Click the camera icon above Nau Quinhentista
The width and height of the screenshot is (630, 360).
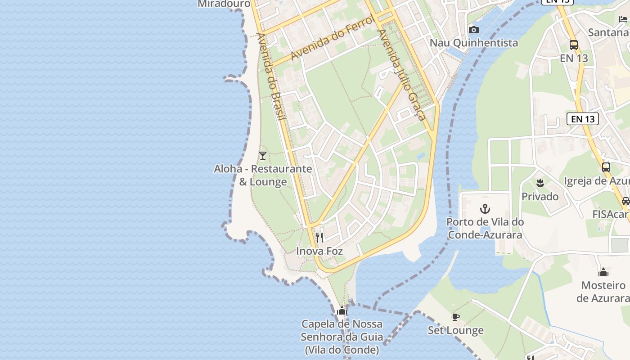(473, 30)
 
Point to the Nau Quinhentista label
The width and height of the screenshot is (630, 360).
(474, 43)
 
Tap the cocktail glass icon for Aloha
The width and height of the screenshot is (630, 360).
(263, 156)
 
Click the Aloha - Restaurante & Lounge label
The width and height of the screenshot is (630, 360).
(263, 175)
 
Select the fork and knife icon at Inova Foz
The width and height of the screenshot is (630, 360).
(319, 237)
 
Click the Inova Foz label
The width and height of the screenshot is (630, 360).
(319, 251)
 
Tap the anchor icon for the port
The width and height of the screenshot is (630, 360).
(485, 209)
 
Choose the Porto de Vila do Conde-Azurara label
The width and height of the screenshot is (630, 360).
(485, 228)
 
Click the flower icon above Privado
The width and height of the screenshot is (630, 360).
(540, 183)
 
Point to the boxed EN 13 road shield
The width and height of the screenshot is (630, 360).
(583, 119)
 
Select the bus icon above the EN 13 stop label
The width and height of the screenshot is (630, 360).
(574, 45)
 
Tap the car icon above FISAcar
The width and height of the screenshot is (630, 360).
(626, 201)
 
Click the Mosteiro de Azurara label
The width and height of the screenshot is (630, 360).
(603, 292)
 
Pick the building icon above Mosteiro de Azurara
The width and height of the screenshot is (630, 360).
(603, 272)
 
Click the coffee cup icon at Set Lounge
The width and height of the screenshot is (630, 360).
(455, 317)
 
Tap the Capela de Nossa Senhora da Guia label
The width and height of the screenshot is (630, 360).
(342, 337)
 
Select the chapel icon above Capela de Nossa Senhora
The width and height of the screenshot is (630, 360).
(342, 310)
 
